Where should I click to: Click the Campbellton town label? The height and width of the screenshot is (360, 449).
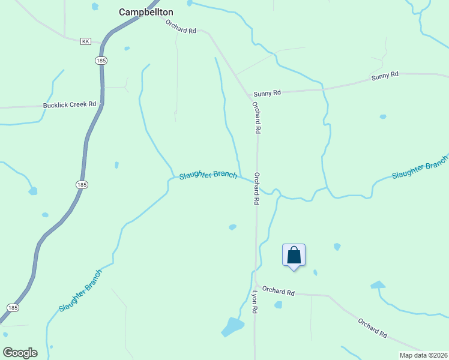146,12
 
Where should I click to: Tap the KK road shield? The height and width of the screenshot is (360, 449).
85,41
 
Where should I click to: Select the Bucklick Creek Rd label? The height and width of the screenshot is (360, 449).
70,104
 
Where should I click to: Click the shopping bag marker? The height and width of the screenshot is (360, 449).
294,255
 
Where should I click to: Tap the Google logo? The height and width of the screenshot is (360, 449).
20,353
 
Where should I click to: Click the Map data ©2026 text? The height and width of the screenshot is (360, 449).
423,355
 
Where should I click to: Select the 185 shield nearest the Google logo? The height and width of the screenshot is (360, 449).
13,307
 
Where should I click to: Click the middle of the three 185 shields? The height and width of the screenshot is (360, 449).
82,185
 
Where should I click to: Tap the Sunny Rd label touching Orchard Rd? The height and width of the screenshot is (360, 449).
267,94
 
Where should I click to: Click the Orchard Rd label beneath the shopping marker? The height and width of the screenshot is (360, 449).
278,291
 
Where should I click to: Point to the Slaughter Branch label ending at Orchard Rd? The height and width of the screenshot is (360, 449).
208,175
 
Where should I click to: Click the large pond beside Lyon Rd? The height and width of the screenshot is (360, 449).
233,326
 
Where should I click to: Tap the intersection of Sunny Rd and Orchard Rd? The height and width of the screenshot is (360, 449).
250,95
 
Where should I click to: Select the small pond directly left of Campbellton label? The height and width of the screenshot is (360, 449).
95,7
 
